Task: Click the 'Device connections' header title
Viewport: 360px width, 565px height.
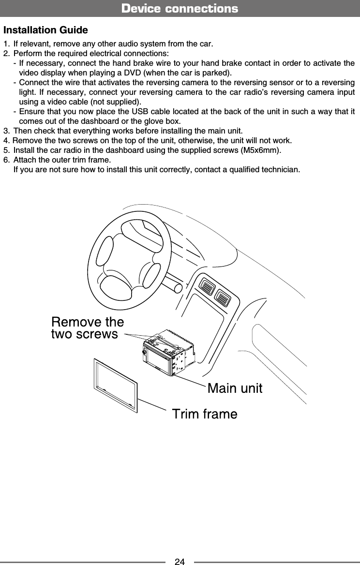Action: click(x=180, y=9)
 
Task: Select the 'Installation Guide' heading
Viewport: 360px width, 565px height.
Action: click(x=45, y=30)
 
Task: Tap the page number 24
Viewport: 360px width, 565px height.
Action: click(x=180, y=562)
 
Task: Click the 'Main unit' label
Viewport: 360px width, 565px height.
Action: click(x=235, y=388)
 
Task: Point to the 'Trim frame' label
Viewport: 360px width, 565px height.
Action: click(x=205, y=414)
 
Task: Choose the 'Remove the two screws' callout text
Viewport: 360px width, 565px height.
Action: click(x=87, y=328)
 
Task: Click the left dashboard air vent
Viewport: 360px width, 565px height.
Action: click(x=209, y=288)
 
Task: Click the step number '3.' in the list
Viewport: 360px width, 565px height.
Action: click(x=6, y=131)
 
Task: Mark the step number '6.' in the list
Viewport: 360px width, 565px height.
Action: click(x=6, y=160)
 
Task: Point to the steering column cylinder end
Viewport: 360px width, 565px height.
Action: click(x=178, y=286)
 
